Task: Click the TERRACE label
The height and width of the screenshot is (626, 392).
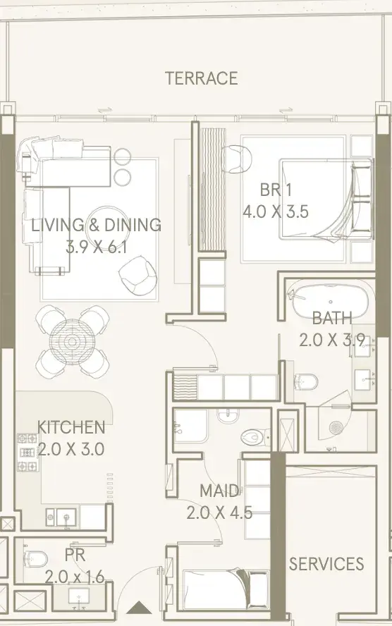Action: coord(201,78)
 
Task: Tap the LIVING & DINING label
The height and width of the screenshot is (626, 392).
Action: coord(96,225)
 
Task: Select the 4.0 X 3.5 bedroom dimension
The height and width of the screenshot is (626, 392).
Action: coord(276,211)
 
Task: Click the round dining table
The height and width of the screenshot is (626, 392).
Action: coord(72,341)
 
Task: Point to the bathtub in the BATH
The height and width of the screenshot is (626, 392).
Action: coord(331,302)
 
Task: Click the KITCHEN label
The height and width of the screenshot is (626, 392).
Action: coord(71,427)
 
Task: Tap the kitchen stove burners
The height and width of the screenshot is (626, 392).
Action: coord(28,453)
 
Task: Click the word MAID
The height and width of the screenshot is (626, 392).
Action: coord(219,491)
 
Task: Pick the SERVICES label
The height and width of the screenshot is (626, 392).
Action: coord(326,564)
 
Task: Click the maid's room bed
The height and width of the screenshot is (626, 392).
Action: coord(226,589)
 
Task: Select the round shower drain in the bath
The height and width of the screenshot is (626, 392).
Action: coord(336,428)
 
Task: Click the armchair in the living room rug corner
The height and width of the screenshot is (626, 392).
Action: coord(137,274)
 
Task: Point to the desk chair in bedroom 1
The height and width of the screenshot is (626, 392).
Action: coord(237,159)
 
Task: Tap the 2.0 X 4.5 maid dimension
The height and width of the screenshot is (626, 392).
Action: coord(219,513)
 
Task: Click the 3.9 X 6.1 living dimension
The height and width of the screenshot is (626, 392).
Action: coord(96,247)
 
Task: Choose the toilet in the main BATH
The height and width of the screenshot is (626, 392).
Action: coord(306,381)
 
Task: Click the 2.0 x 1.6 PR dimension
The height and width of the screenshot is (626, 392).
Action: coord(75,577)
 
